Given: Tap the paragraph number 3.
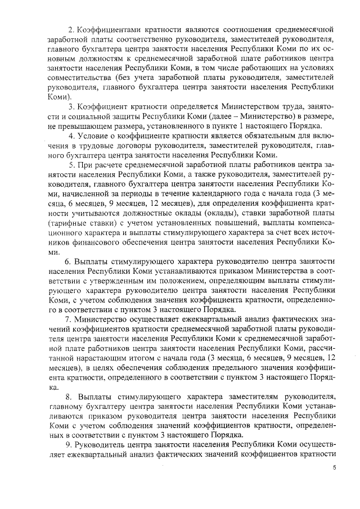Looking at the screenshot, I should (70, 107).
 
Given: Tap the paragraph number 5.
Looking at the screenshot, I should (71, 165).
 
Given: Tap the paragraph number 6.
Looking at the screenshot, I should (67, 262).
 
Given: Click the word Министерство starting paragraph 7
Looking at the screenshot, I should (103, 319).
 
